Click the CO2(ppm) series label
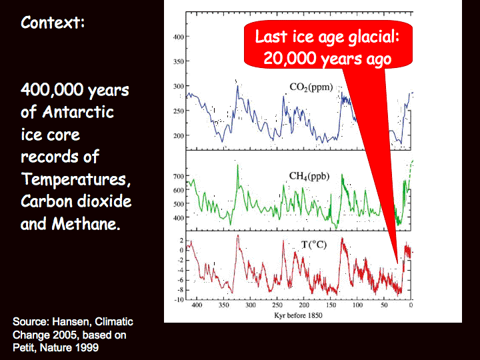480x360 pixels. (311, 87)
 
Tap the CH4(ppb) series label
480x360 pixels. (309, 177)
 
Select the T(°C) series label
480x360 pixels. (314, 245)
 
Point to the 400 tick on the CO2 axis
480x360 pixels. (179, 37)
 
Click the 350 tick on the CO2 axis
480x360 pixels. (179, 61)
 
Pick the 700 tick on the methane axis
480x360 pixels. (179, 176)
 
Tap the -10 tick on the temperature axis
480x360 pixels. (179, 299)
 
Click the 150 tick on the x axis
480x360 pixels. (331, 305)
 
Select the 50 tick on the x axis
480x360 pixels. (384, 305)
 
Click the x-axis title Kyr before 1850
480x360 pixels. (298, 315)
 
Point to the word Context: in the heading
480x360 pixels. (53, 23)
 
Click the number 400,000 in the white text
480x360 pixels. (52, 90)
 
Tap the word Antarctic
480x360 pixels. (78, 112)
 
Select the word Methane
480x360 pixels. (85, 224)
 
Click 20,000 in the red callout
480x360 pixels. (289, 57)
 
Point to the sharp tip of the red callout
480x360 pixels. (397, 263)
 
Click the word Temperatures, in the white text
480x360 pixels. (76, 179)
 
